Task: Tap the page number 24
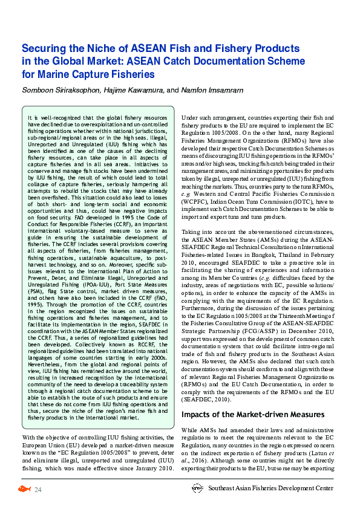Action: coord(38,489)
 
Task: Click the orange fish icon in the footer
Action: coord(24,488)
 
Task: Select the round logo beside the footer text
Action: coord(197,488)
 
